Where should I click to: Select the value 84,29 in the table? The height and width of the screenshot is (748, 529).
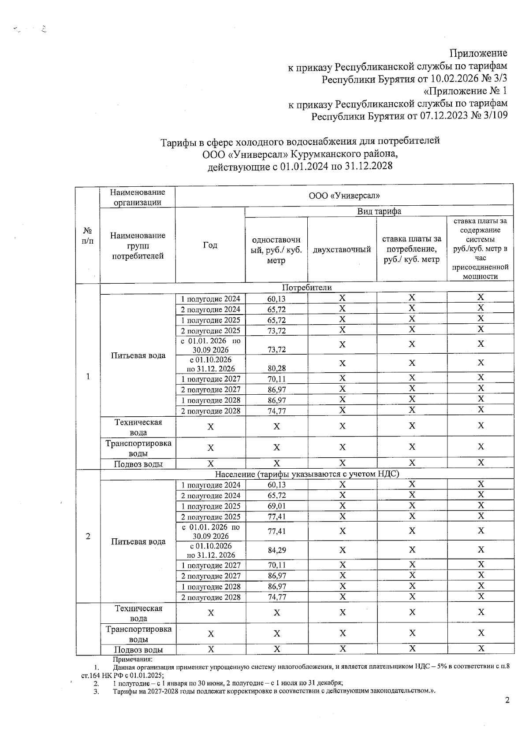pyautogui.click(x=276, y=550)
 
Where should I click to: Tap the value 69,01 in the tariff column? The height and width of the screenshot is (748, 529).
pyautogui.click(x=276, y=506)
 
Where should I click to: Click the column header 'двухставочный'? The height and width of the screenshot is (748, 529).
pyautogui.click(x=342, y=250)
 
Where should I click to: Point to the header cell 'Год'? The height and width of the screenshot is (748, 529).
pyautogui.click(x=210, y=245)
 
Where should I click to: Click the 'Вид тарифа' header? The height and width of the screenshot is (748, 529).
pyautogui.click(x=379, y=211)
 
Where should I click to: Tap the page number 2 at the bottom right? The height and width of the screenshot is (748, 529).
pyautogui.click(x=507, y=700)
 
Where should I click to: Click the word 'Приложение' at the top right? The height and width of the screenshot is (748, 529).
pyautogui.click(x=478, y=53)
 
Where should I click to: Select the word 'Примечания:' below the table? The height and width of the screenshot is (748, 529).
pyautogui.click(x=132, y=659)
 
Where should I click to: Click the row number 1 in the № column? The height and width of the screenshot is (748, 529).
pyautogui.click(x=88, y=377)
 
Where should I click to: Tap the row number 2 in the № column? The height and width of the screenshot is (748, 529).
pyautogui.click(x=88, y=536)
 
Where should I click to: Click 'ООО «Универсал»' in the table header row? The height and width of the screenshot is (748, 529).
pyautogui.click(x=344, y=196)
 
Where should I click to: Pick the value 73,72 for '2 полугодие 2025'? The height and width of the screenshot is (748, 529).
pyautogui.click(x=276, y=331)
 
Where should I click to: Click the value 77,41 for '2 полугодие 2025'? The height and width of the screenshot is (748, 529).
pyautogui.click(x=276, y=517)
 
